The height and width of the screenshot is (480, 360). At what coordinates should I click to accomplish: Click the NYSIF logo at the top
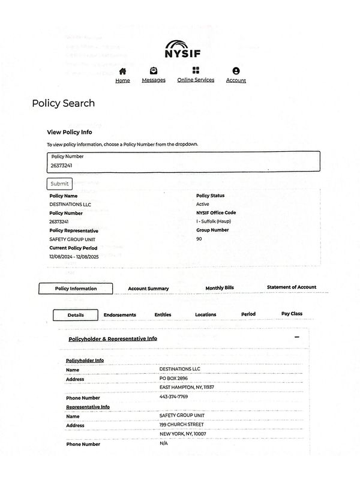tap(182, 49)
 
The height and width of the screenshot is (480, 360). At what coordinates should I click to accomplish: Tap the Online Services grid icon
tap(196, 71)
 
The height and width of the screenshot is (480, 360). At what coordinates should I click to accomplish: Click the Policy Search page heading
tap(63, 103)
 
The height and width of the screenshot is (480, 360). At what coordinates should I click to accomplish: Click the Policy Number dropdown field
tap(183, 162)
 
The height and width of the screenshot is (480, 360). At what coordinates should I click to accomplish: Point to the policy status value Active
tap(203, 204)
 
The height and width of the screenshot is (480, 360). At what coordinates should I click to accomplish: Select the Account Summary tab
tap(148, 289)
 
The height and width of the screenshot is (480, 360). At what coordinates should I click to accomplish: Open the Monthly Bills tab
tap(220, 288)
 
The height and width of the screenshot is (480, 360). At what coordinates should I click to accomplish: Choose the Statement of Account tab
tap(292, 287)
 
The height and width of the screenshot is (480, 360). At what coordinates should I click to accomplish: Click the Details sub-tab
tap(76, 315)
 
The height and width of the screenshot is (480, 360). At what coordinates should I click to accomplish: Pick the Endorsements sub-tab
tap(120, 315)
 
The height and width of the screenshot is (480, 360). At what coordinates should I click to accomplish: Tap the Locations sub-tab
tap(206, 314)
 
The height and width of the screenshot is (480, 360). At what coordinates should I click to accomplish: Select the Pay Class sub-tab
tap(292, 314)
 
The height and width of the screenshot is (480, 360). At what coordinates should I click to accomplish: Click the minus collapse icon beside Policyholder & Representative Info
tap(296, 337)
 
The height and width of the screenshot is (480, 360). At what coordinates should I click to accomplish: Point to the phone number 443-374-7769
tap(173, 397)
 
